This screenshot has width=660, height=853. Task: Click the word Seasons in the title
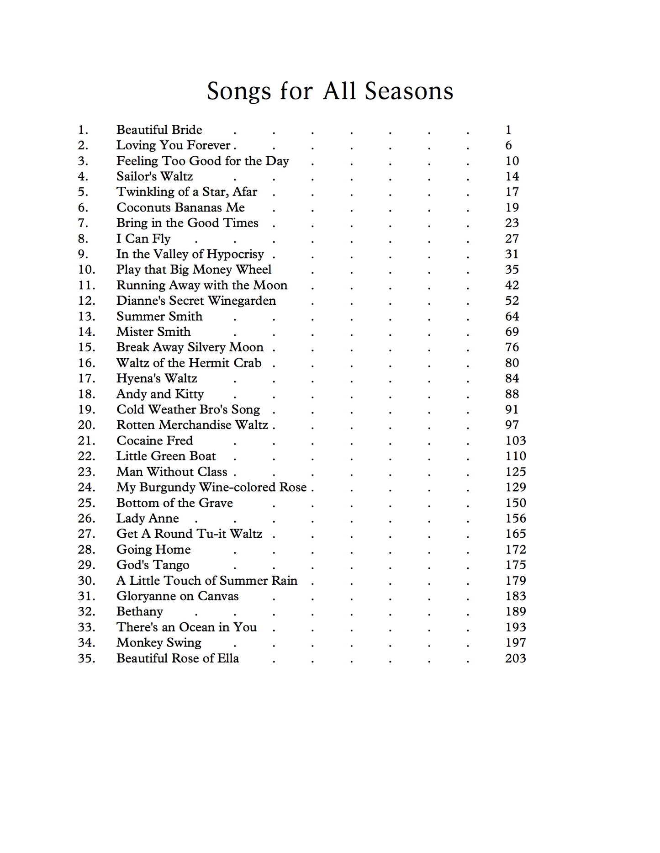[409, 91]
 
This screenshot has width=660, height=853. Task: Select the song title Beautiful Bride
[159, 130]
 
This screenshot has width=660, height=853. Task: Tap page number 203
[515, 658]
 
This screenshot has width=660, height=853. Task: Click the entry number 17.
[86, 378]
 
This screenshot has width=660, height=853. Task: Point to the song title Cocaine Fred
[154, 440]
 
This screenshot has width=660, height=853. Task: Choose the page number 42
[512, 285]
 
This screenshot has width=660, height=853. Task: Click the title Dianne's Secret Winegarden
[196, 301]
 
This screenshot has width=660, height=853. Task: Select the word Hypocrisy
[235, 254]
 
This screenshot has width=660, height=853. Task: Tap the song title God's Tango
[153, 565]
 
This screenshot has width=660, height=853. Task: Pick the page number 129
[515, 487]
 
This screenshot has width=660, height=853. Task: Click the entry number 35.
[86, 658]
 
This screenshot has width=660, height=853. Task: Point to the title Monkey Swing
[158, 643]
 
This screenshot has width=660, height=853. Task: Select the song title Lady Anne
[148, 518]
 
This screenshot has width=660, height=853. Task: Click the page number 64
[512, 316]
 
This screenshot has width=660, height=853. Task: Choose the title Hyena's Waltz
[157, 378]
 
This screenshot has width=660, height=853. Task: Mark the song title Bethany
[139, 612]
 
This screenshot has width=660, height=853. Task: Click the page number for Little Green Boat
[515, 456]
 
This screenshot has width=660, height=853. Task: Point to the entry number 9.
[83, 254]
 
